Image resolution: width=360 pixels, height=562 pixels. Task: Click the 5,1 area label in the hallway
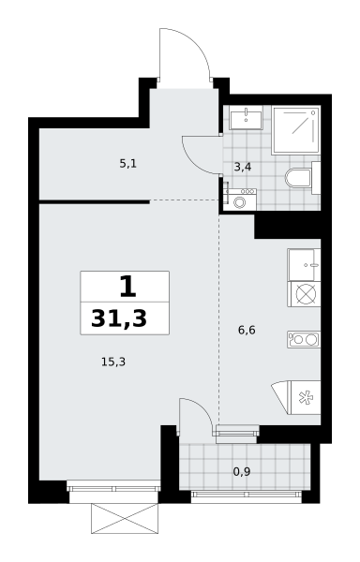(x=128, y=164)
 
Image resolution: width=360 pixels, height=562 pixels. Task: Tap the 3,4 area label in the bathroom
(x=243, y=167)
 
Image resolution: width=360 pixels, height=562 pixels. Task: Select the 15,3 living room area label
(x=113, y=362)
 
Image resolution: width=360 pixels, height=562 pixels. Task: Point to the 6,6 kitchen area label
(x=247, y=330)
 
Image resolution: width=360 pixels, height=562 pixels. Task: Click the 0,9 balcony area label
(x=242, y=472)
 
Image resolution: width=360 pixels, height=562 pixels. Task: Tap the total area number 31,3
(x=119, y=318)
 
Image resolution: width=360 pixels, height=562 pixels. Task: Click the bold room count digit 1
(x=127, y=288)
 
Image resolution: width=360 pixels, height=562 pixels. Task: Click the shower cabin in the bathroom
(x=296, y=130)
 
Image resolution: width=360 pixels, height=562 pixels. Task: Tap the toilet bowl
(x=299, y=178)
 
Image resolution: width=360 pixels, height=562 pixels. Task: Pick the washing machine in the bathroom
(x=239, y=200)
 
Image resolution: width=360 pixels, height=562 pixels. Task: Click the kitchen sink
(x=304, y=265)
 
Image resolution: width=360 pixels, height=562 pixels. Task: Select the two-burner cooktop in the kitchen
(x=304, y=339)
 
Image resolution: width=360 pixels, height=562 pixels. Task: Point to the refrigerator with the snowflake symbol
(x=305, y=398)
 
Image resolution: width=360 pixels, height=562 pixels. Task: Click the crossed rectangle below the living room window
(x=125, y=518)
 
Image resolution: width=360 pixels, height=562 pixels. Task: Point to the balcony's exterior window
(x=247, y=495)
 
